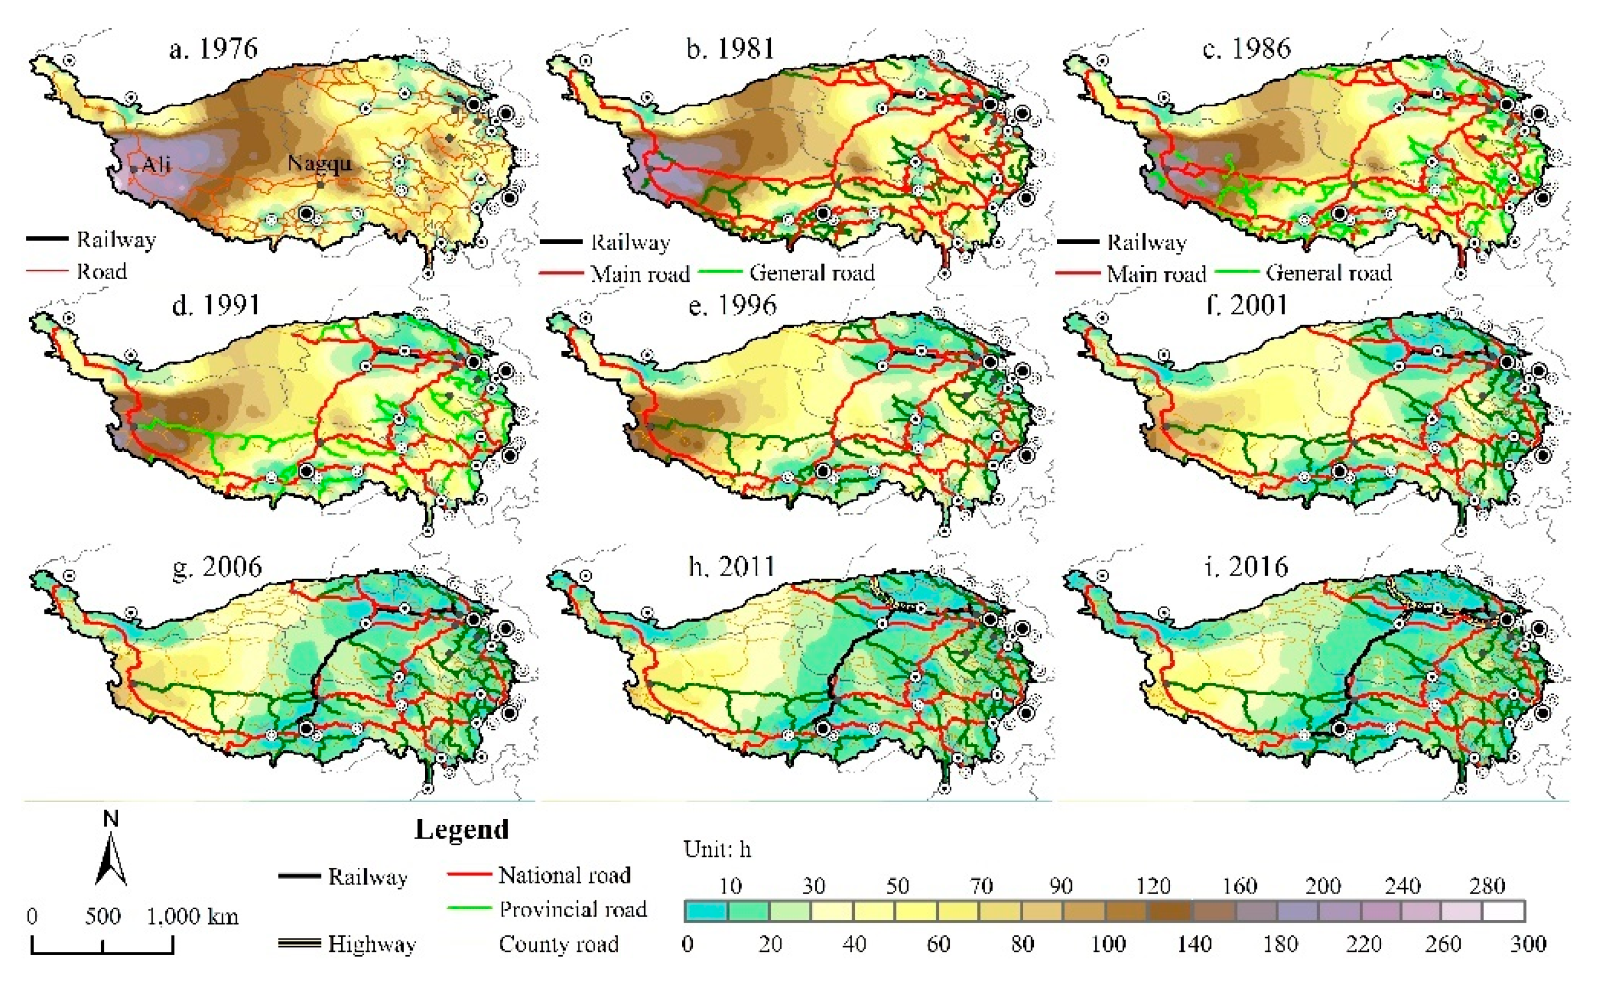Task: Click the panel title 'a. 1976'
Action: pyautogui.click(x=213, y=49)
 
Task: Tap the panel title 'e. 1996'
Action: pyautogui.click(x=733, y=306)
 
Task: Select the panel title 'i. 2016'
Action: pyautogui.click(x=1245, y=566)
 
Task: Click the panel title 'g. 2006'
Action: pyautogui.click(x=217, y=566)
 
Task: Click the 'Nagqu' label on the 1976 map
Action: pyautogui.click(x=320, y=163)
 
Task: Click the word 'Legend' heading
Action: pyautogui.click(x=461, y=830)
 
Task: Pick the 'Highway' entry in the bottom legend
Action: pyautogui.click(x=371, y=944)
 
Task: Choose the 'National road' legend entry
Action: pyautogui.click(x=564, y=874)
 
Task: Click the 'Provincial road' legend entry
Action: pyautogui.click(x=572, y=909)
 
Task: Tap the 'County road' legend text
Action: pyautogui.click(x=559, y=944)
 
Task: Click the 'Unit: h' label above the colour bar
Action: pyautogui.click(x=717, y=849)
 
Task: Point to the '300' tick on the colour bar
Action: pyautogui.click(x=1528, y=944)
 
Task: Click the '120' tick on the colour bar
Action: pyautogui.click(x=1153, y=886)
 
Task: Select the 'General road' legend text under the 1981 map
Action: pyautogui.click(x=812, y=272)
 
